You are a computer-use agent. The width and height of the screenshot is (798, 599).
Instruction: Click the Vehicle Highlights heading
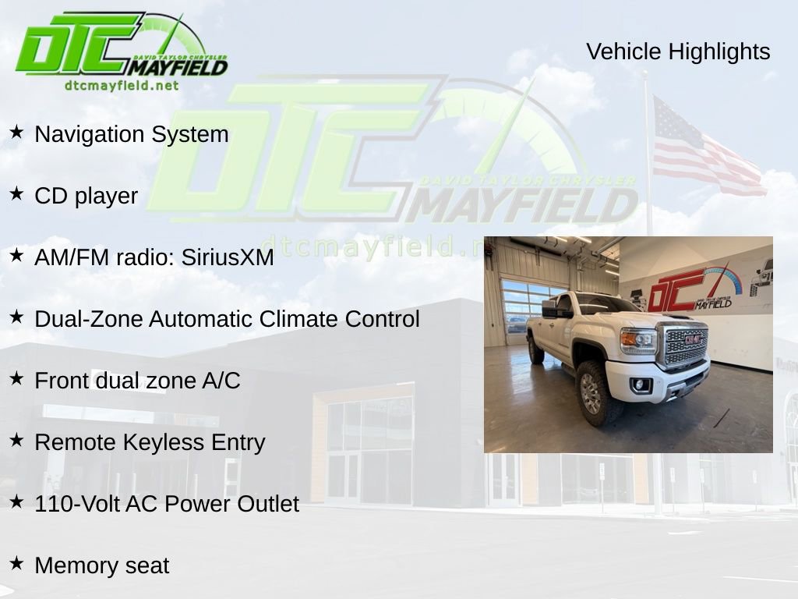tap(678, 51)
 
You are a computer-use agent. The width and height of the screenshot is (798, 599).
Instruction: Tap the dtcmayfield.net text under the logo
tap(122, 86)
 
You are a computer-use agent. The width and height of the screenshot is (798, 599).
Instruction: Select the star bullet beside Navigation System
tap(16, 132)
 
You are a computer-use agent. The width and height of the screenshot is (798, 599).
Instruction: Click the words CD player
tap(86, 196)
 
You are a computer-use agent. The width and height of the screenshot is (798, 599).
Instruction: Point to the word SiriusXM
tap(228, 257)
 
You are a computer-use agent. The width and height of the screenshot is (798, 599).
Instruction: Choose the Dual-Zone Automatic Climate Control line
tap(227, 319)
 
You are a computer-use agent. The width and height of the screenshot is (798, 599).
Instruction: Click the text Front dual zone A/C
tap(137, 381)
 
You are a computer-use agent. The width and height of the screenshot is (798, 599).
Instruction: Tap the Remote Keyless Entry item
tap(150, 442)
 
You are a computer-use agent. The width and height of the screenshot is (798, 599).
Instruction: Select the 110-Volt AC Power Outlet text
tap(166, 504)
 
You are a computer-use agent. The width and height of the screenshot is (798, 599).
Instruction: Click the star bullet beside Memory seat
tap(16, 563)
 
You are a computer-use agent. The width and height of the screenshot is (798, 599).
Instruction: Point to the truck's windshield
tap(604, 303)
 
